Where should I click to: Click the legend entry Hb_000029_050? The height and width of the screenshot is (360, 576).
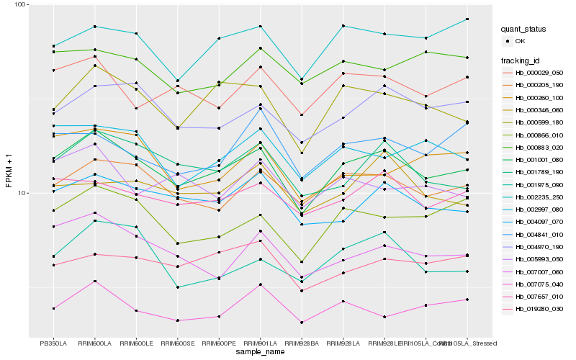pos(537,73)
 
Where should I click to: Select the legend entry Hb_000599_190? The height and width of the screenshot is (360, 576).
pos(537,122)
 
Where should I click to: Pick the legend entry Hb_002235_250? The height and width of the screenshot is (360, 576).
pos(537,197)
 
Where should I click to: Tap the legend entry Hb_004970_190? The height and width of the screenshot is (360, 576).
pos(537,246)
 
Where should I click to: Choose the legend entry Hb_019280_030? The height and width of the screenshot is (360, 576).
pos(537,309)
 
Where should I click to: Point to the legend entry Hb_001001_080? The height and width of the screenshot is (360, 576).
pos(537,160)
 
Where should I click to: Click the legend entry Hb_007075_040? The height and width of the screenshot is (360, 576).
pos(537,284)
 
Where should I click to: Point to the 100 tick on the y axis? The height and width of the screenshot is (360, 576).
pos(19,5)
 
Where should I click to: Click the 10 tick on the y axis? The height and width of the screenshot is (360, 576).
pos(22,193)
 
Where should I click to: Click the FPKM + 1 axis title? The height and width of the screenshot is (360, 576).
pos(9,171)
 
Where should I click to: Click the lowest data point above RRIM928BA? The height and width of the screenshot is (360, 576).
pos(302,323)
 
